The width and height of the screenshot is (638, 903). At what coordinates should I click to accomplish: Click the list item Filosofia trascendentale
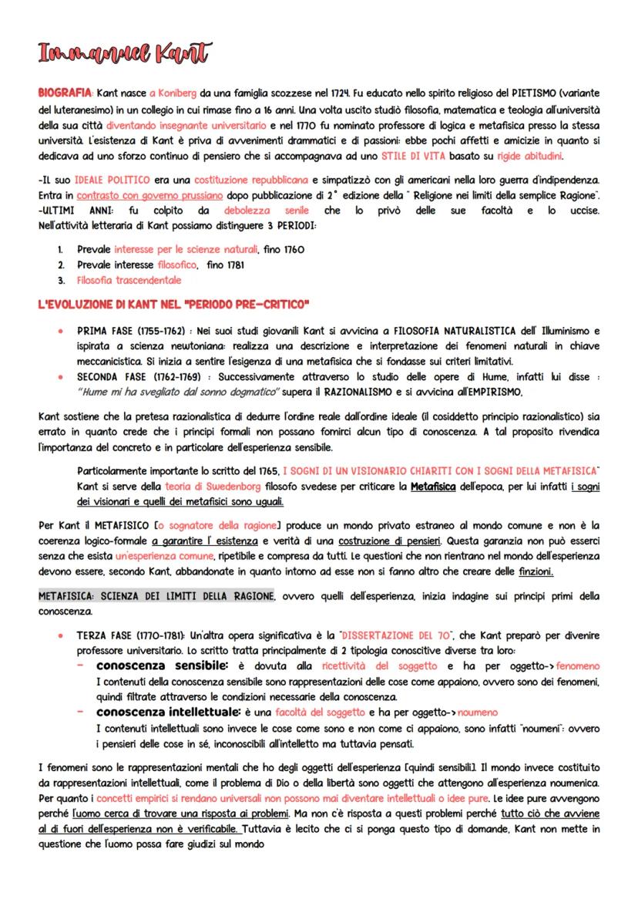point(129,280)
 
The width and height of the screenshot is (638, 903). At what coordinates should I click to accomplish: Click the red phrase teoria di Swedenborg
point(201,486)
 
